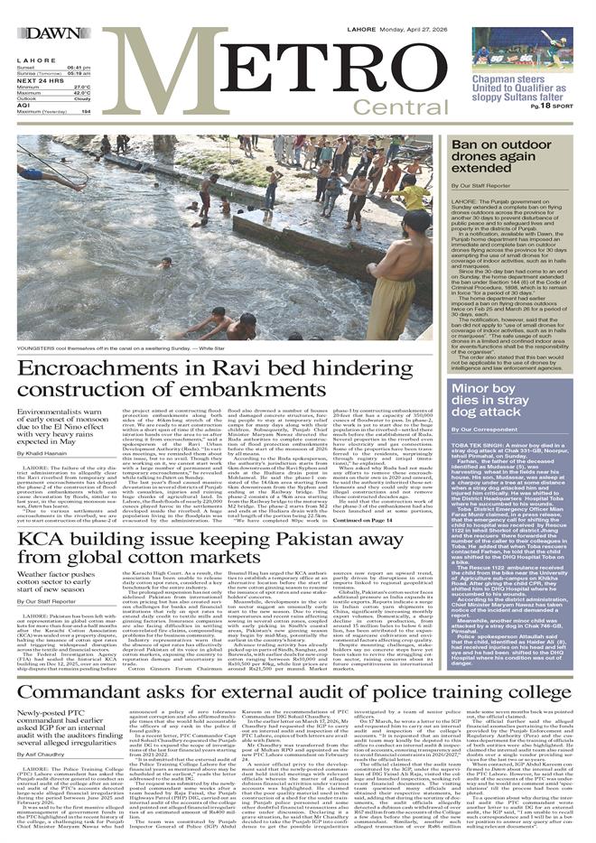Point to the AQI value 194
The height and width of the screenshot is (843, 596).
(87, 111)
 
